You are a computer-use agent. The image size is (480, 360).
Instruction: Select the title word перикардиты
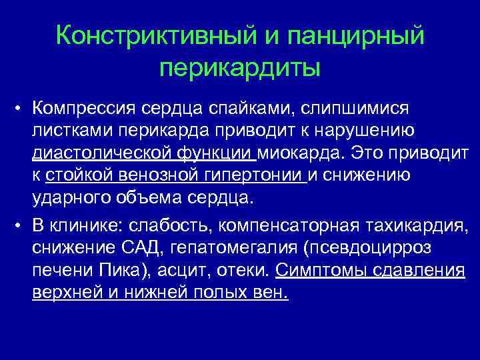(x=240, y=67)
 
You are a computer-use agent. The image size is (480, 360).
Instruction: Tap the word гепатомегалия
(x=233, y=247)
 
